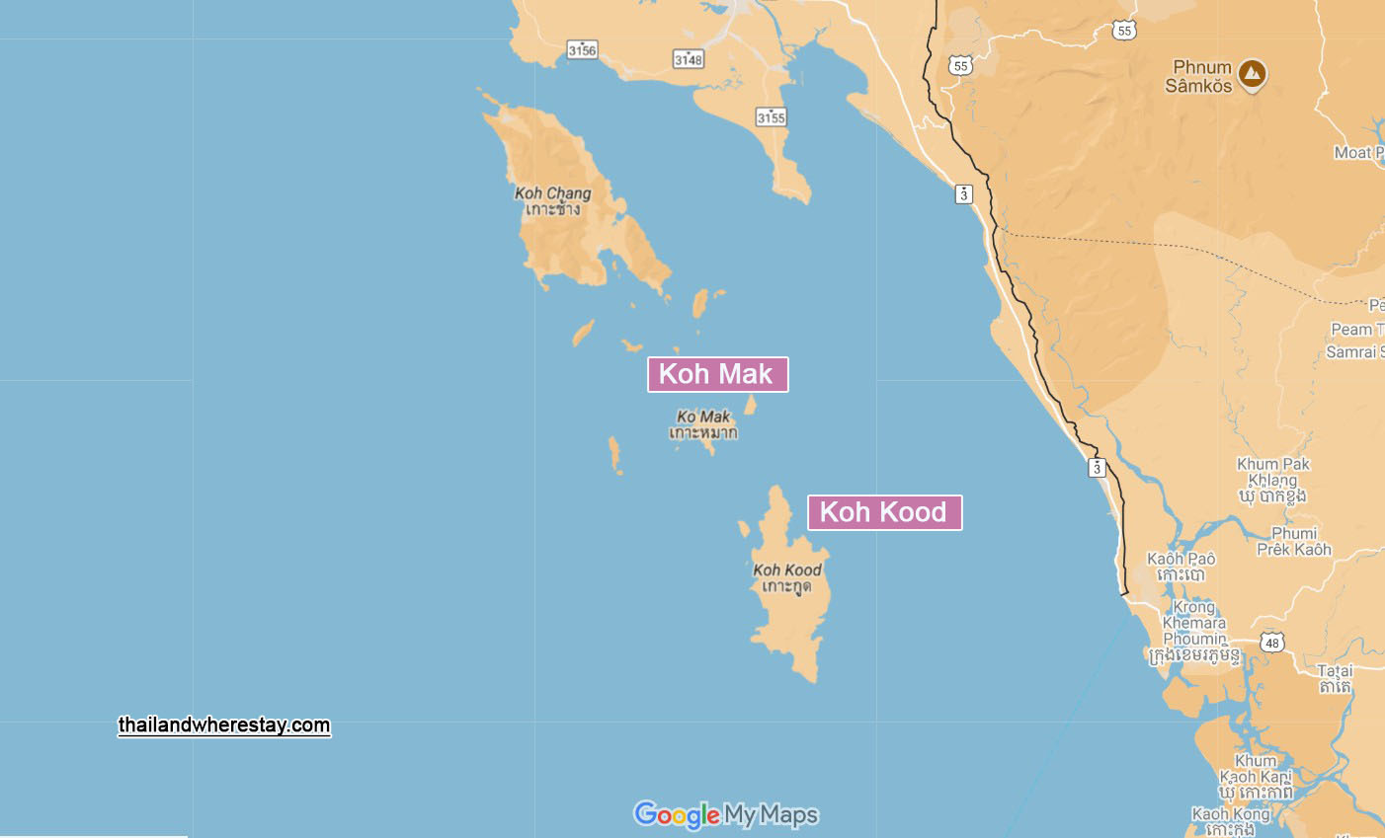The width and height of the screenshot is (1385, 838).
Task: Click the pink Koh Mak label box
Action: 717,374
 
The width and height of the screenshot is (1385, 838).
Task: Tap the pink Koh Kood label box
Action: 884,512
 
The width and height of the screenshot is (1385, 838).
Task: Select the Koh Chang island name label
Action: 553,200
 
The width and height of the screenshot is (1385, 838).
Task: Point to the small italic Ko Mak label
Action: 703,423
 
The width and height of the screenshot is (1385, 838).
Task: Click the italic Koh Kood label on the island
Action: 787,577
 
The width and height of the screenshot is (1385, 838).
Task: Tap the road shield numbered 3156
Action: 582,49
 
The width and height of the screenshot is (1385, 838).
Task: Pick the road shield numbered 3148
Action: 689,59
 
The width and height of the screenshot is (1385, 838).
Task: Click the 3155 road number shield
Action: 771,117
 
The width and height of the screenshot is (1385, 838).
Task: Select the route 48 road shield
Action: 1272,643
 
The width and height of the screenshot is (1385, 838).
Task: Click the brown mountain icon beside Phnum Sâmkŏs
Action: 1252,73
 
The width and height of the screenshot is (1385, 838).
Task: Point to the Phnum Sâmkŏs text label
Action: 1199,76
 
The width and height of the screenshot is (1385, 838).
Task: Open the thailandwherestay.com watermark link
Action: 224,725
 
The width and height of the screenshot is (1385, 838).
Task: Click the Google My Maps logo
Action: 726,814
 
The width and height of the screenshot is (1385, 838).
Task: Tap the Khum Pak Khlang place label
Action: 1272,479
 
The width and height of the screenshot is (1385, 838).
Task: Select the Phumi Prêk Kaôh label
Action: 1294,541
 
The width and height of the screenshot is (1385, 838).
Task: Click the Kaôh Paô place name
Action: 1181,566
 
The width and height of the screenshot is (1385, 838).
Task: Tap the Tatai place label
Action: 1335,678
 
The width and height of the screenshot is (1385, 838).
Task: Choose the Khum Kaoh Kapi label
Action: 1255,776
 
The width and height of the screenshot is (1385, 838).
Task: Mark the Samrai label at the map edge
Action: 1354,352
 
